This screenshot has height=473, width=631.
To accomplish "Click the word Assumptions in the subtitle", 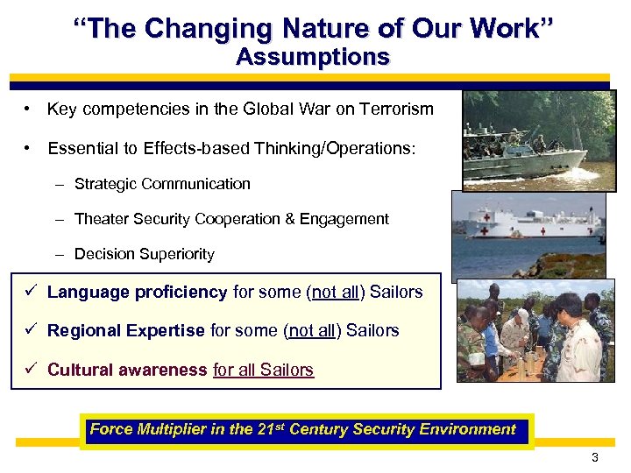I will pyautogui.click(x=313, y=58).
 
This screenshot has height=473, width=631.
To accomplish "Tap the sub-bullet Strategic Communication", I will pyautogui.click(x=162, y=184).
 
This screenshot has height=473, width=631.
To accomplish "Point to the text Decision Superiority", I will pyautogui.click(x=144, y=254).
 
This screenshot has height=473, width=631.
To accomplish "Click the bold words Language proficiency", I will pyautogui.click(x=137, y=293).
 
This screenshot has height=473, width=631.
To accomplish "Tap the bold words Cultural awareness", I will pyautogui.click(x=127, y=370).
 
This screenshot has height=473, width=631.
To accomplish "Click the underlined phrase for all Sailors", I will pyautogui.click(x=263, y=370).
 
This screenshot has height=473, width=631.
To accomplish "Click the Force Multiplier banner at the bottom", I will pyautogui.click(x=303, y=430).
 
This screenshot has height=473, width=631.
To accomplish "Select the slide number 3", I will pyautogui.click(x=595, y=458).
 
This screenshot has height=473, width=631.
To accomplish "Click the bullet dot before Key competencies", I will pyautogui.click(x=29, y=109).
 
